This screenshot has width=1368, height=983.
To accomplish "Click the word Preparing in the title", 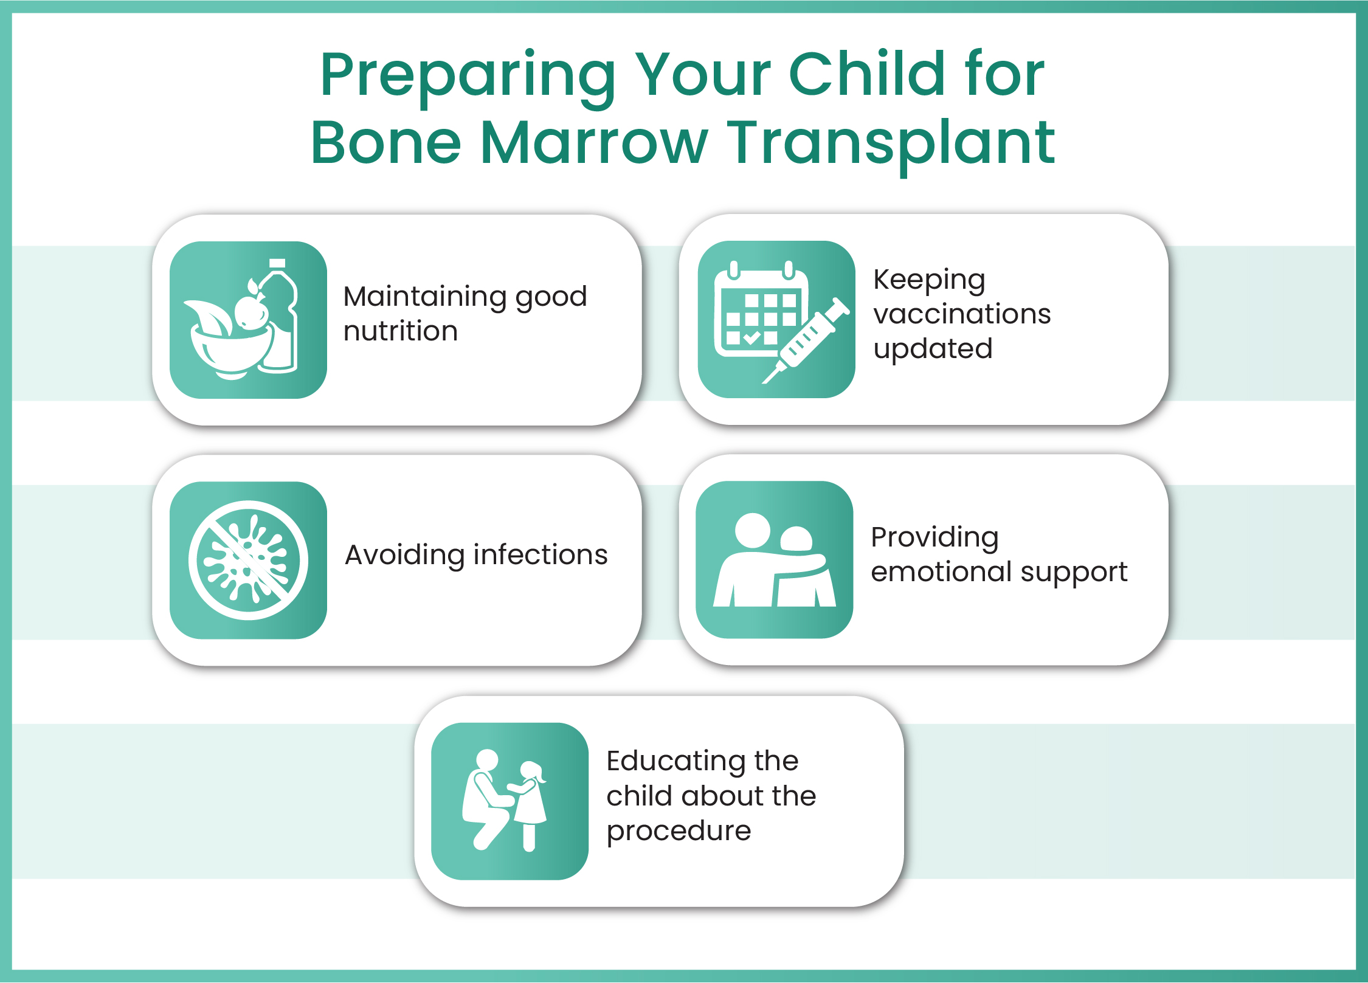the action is tap(468, 78).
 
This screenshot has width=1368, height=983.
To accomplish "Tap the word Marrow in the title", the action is tap(594, 143).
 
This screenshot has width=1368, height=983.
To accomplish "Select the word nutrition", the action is tap(401, 331).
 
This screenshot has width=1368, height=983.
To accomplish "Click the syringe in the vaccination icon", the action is tap(806, 340).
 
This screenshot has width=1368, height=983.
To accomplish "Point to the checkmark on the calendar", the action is tap(752, 337).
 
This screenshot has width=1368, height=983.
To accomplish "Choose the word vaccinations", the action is tap(962, 314).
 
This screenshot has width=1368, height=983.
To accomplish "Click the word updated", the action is tap(933, 350).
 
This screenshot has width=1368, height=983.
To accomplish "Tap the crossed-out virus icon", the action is tap(248, 560).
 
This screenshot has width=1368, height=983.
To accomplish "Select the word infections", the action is tap(541, 554).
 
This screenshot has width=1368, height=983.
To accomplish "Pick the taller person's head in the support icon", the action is tap(753, 530).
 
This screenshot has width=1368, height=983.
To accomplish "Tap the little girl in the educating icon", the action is tap(529, 805).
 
